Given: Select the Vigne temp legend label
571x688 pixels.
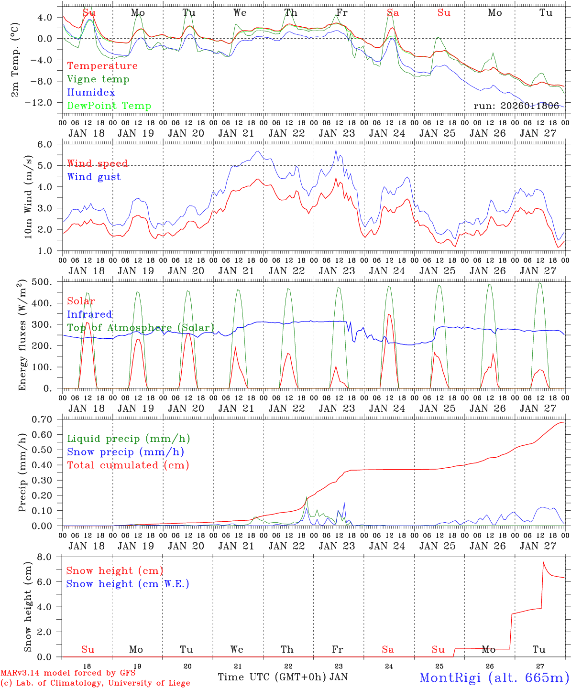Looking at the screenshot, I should (98, 79).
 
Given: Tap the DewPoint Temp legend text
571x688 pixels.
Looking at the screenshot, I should (109, 106).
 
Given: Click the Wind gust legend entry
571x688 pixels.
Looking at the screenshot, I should (94, 177).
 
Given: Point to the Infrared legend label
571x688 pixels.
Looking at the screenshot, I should (89, 314).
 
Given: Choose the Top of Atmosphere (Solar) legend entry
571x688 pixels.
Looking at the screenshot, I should (141, 328).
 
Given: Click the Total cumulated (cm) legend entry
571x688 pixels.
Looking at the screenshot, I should (128, 465).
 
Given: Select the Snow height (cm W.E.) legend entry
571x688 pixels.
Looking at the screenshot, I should (127, 584).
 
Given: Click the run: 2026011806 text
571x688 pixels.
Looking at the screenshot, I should (516, 106).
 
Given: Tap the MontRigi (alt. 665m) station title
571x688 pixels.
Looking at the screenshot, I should (494, 677).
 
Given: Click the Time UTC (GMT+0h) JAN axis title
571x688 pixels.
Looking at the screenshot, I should (283, 677).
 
